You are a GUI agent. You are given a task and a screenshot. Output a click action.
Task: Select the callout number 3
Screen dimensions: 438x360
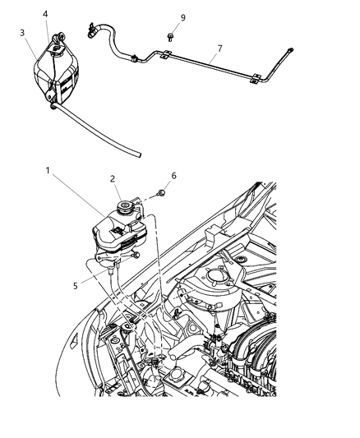22,32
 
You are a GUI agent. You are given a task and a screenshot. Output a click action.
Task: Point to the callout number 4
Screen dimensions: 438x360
45,13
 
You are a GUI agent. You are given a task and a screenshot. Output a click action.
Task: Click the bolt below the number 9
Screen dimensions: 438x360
168,35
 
